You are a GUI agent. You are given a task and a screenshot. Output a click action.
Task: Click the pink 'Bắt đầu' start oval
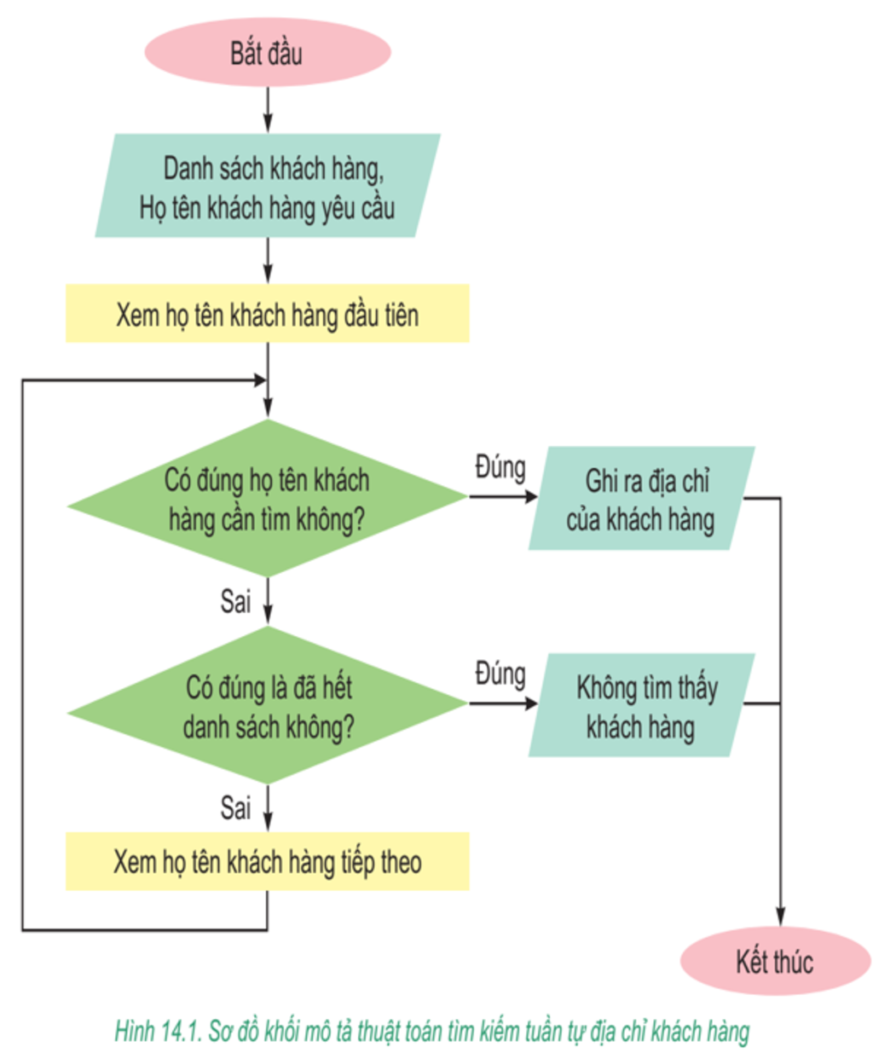tap(267, 52)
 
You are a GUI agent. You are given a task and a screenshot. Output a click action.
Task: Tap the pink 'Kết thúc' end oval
tap(774, 961)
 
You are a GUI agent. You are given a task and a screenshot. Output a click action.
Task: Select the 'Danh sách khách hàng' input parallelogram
tap(267, 186)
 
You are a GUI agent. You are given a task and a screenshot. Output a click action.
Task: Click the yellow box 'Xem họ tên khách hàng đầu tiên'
tap(267, 315)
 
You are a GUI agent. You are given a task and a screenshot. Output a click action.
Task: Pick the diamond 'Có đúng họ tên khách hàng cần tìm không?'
tap(267, 499)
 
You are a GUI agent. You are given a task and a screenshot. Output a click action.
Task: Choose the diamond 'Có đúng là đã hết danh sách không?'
tap(267, 706)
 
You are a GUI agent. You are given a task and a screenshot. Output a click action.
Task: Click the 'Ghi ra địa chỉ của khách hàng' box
tap(640, 499)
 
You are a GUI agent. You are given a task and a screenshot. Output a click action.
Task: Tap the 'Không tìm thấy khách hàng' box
tap(640, 706)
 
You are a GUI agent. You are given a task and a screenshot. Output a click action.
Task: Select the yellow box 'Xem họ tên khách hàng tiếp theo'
tap(267, 862)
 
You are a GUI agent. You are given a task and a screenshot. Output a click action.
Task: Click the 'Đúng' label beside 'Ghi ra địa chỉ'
tap(500, 467)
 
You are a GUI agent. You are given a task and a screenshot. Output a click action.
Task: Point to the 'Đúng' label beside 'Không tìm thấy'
tap(500, 674)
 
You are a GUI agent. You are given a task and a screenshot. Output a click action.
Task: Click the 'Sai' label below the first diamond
tap(235, 601)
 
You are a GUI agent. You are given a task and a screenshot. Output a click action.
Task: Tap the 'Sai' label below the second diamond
tap(235, 807)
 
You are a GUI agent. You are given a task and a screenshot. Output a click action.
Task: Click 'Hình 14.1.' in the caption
tap(158, 1032)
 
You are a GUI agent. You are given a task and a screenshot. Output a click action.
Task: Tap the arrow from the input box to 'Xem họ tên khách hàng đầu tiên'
tap(268, 261)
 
